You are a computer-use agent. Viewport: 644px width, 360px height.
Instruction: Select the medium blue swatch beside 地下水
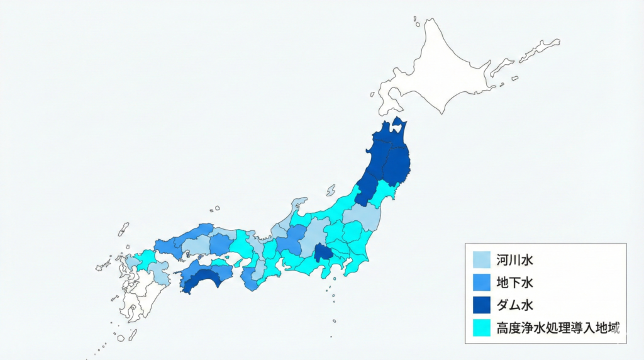click(481, 283)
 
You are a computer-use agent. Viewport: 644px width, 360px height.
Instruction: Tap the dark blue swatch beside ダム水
click(481, 305)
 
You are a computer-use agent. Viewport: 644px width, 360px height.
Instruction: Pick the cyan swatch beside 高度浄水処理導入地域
click(481, 328)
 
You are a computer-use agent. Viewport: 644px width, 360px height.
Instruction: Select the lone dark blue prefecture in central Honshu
click(324, 253)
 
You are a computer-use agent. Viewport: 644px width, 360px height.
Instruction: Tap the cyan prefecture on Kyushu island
click(145, 259)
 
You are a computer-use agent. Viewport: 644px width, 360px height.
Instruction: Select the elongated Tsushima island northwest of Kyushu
click(123, 229)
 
